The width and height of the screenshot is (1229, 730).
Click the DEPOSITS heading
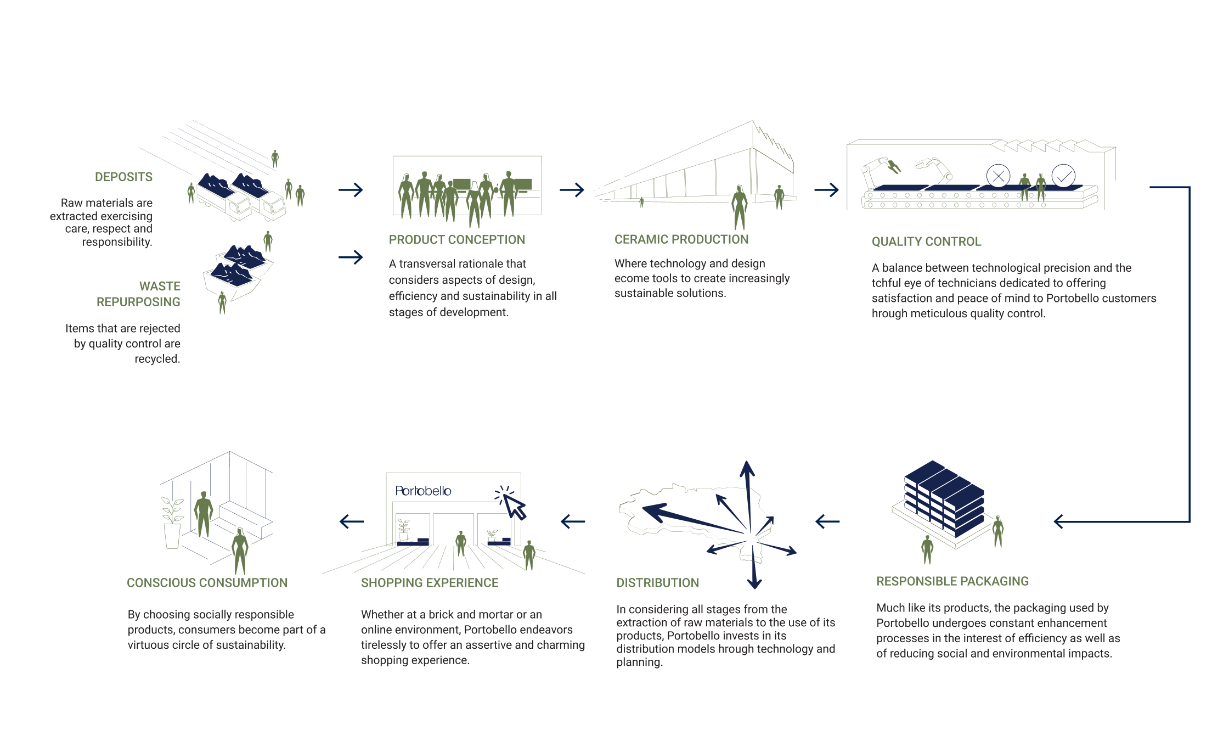coord(123,177)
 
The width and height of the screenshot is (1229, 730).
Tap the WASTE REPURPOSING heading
coord(138,294)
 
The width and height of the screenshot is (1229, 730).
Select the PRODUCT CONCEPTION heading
coord(457,240)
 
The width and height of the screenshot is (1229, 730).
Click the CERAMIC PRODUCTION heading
coord(681,239)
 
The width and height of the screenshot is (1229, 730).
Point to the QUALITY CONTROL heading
coord(926,242)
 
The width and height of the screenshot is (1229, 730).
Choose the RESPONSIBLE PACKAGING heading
coord(952,581)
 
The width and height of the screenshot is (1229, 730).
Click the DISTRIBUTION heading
coord(657,583)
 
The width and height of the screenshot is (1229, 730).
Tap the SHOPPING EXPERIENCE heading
coord(430,583)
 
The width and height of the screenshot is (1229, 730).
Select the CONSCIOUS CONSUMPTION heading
coord(207,583)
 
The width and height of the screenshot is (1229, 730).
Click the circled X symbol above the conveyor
coord(998,176)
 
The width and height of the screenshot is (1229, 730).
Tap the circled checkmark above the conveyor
coord(1063,176)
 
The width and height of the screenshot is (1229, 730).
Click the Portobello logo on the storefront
coord(423,491)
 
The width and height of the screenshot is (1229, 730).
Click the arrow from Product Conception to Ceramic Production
coord(572,190)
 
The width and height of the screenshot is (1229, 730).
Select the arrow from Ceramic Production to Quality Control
coord(826,190)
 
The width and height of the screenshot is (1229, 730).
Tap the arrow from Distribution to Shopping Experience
coord(573,521)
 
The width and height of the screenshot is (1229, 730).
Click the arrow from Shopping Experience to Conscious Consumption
coord(352,521)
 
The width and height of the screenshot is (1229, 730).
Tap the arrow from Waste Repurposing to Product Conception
coord(351,257)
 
